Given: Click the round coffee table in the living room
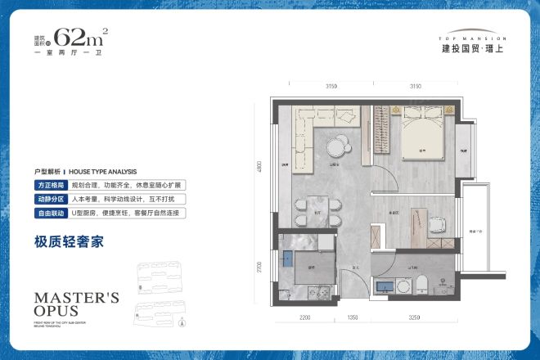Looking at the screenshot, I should pos(336,148).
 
